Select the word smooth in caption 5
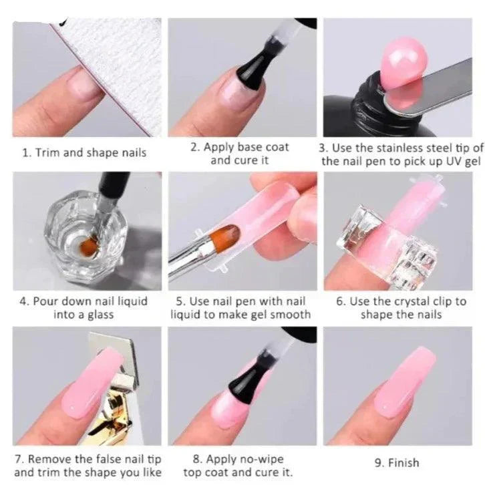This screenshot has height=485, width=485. point(292,315)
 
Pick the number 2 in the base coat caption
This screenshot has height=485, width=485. point(194,146)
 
